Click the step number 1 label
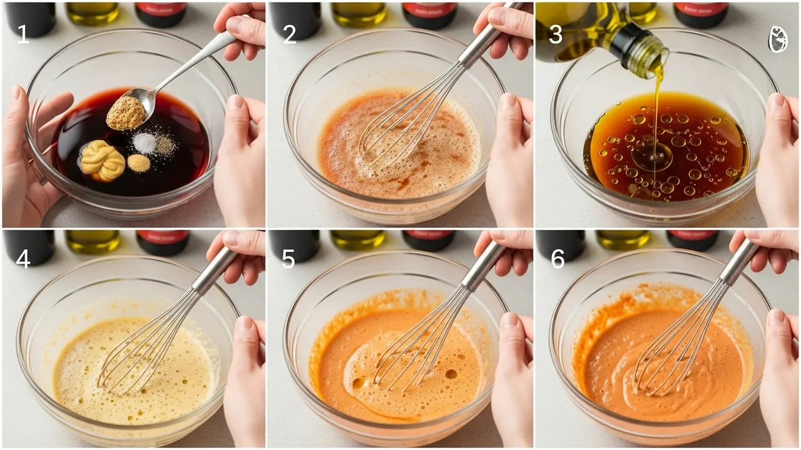point(23,34)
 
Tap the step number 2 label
point(289,34)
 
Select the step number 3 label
point(556,34)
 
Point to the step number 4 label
point(23,259)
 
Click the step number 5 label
point(288,259)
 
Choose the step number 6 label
point(558,259)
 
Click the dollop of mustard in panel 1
point(102,161)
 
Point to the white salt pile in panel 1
point(144,142)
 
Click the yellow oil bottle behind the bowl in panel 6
point(622,240)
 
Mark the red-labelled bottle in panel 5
point(429,239)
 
